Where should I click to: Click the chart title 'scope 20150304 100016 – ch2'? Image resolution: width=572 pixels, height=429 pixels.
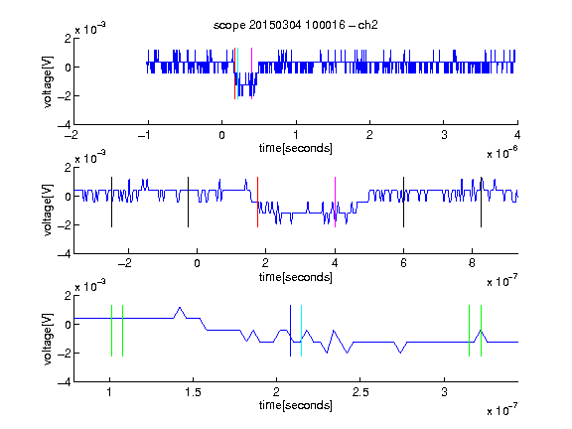click(x=296, y=25)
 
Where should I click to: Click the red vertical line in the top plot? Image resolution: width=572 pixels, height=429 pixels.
click(x=234, y=73)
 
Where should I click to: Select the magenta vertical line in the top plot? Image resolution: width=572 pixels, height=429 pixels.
click(x=251, y=73)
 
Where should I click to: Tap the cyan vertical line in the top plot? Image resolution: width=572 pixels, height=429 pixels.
click(x=237, y=73)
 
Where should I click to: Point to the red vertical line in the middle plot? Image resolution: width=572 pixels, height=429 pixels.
click(x=257, y=203)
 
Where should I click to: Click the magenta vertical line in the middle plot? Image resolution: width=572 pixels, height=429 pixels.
click(x=335, y=203)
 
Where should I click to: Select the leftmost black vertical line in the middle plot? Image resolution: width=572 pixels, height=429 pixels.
click(x=111, y=203)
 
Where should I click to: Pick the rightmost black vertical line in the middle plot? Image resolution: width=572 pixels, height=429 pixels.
click(x=481, y=203)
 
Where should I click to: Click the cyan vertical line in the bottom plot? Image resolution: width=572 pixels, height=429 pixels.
click(x=301, y=331)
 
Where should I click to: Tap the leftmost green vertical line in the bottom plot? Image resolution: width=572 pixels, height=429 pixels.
click(x=111, y=331)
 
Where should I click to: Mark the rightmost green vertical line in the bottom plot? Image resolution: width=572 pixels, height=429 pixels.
click(x=481, y=331)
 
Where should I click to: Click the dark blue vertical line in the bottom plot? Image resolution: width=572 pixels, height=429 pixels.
click(x=290, y=331)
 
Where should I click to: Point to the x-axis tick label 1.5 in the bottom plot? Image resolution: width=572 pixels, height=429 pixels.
click(x=193, y=392)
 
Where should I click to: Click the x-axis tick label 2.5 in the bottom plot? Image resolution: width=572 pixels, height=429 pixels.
click(x=360, y=392)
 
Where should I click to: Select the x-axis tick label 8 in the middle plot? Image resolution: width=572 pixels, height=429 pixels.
click(x=472, y=263)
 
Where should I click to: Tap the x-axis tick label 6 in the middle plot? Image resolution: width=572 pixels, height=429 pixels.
click(x=403, y=263)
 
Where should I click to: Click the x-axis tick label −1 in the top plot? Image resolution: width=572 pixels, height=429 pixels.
click(x=145, y=135)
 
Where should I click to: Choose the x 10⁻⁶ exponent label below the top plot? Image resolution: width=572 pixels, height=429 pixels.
click(x=502, y=153)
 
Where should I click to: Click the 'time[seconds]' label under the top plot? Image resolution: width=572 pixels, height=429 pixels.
click(x=296, y=148)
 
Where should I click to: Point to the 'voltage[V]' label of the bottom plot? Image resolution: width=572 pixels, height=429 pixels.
click(x=48, y=339)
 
